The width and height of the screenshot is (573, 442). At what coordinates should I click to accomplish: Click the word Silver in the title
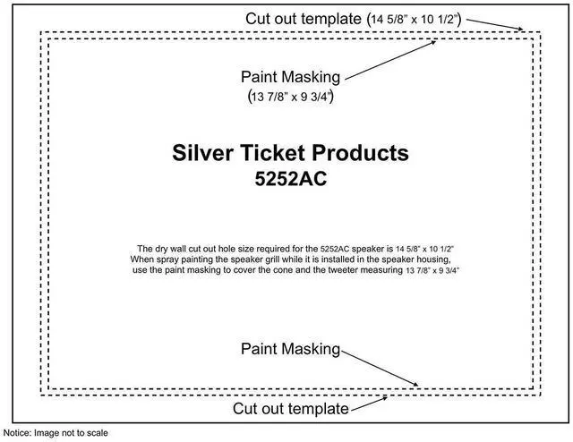tap(201, 153)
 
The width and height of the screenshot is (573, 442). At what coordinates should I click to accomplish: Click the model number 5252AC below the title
tap(291, 178)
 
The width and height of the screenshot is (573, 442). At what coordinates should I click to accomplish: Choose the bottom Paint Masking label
tap(291, 348)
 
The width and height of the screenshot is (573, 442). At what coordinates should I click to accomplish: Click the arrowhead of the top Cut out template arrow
tap(523, 30)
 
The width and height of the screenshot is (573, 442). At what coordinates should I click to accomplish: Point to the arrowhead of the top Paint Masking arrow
tap(437, 39)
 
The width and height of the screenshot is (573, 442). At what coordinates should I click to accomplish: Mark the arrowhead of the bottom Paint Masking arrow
tap(417, 386)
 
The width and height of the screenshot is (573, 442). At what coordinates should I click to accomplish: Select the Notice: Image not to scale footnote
tap(56, 434)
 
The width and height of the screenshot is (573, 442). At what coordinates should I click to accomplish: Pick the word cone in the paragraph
tap(286, 269)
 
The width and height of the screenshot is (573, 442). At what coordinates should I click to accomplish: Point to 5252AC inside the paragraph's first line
tap(346, 248)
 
